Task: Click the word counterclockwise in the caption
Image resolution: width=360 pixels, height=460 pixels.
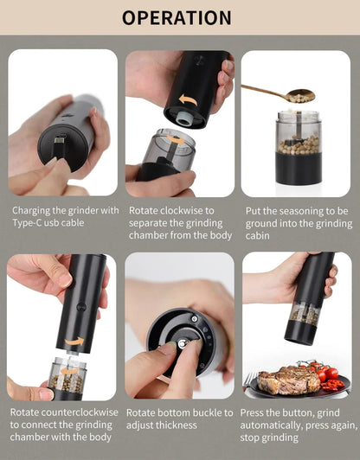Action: [x=83, y=412]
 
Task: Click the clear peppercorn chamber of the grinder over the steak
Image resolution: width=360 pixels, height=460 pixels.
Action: [x=303, y=315]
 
